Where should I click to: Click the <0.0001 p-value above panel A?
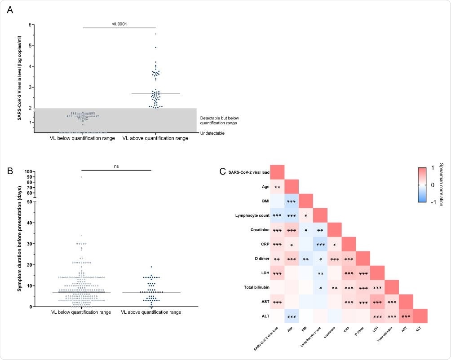pos(119,24)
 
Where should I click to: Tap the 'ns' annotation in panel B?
pos(116,166)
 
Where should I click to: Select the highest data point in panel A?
pos(155,34)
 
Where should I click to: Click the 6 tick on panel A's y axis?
pos(31,25)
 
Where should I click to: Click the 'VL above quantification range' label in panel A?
pos(155,138)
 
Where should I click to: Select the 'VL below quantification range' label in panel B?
pos(80,312)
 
